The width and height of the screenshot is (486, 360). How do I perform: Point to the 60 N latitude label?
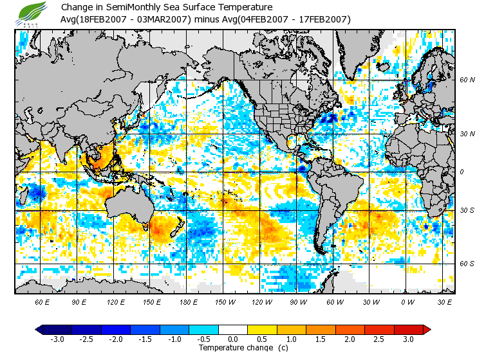[467, 80]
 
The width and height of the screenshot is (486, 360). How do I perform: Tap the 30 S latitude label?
[467, 211]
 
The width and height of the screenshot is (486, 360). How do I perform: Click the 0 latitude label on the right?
[461, 172]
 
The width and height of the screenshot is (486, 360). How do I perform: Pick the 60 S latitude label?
[467, 264]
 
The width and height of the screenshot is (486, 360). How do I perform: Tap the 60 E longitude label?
[42, 301]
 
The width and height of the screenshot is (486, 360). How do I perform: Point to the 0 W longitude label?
[407, 301]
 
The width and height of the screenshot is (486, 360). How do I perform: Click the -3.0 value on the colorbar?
[56, 339]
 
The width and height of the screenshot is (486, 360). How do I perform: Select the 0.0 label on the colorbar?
[233, 339]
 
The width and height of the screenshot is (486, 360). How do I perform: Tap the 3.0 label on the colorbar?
[408, 339]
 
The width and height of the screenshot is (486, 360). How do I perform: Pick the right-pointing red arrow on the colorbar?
[426, 330]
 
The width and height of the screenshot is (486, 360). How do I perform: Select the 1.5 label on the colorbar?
[321, 339]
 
